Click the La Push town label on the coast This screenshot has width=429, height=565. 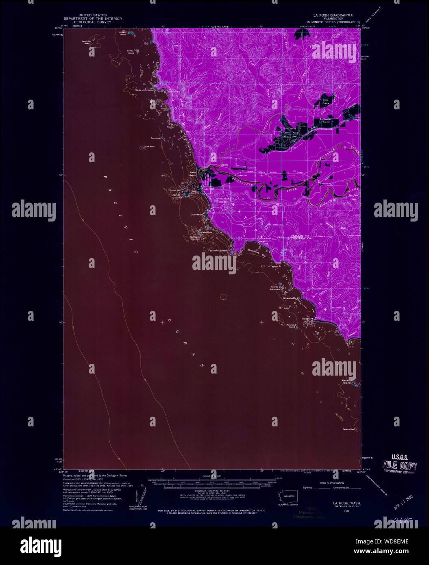click(x=209, y=189)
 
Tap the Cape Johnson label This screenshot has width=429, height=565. click(x=144, y=90)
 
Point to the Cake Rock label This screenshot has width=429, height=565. click(x=149, y=146)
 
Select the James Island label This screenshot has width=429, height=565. click(x=177, y=196)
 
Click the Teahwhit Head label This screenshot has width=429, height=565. click(x=217, y=251)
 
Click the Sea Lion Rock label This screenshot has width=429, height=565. click(x=87, y=42)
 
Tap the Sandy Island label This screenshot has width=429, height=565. click(x=130, y=52)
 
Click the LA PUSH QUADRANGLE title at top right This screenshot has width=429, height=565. click(x=330, y=14)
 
